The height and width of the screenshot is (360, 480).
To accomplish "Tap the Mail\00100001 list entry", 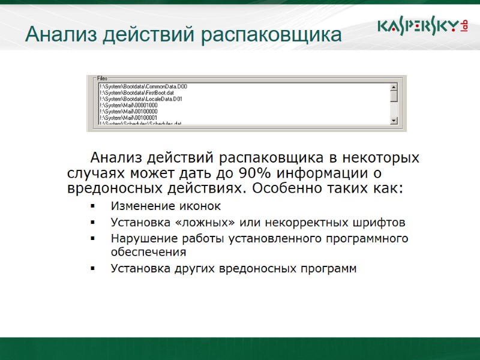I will pyautogui.click(x=128, y=118).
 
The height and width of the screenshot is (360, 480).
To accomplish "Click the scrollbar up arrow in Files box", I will pyautogui.click(x=394, y=88).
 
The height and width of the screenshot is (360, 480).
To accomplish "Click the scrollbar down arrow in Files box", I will pyautogui.click(x=394, y=121).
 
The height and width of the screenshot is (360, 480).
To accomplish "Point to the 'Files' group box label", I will pyautogui.click(x=102, y=79).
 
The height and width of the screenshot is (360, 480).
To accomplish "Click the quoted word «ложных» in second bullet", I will pyautogui.click(x=202, y=223).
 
